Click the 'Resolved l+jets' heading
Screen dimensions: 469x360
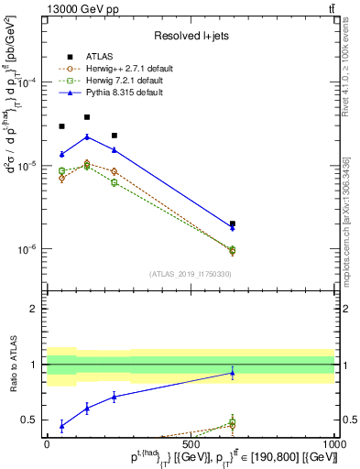point(190,36)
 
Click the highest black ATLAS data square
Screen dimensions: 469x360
point(87,117)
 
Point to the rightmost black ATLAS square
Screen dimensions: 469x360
point(233,224)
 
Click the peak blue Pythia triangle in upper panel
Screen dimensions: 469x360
point(87,136)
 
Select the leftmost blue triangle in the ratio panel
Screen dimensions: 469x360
point(61,426)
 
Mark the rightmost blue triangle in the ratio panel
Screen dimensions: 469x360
point(233,373)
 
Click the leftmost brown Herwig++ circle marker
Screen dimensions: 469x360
point(61,178)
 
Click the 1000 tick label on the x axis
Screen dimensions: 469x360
point(334,443)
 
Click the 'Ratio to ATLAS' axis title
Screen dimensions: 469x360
point(12,366)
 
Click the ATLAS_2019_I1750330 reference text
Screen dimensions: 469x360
point(190,274)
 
